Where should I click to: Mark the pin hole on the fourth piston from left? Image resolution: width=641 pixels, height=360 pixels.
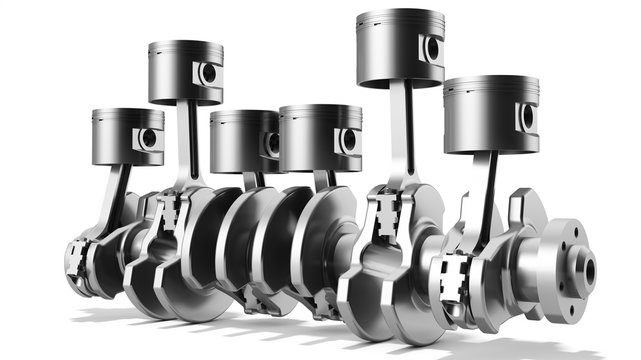click(x=348, y=140)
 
